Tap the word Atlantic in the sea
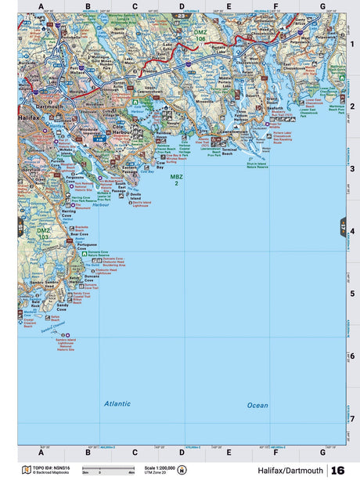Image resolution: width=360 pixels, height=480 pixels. tap(117, 403)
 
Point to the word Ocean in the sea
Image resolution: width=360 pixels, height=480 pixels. tap(257, 405)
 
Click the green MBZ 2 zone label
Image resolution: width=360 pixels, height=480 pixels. tap(176, 179)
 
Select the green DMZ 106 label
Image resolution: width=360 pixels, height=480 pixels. tap(200, 36)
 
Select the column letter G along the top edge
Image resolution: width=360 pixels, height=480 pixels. tap(322, 7)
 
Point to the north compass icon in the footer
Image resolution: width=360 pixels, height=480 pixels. tap(182, 470)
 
